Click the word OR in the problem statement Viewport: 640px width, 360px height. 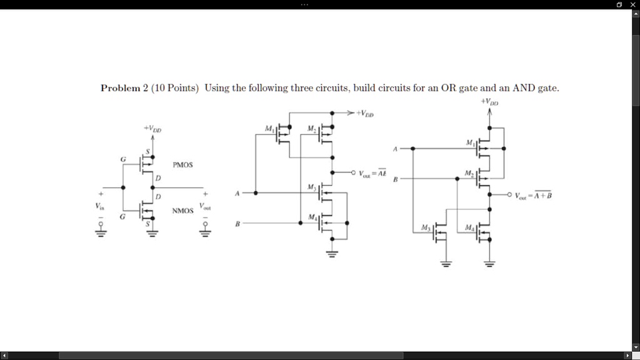tap(449, 88)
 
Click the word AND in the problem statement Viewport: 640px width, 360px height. tap(523, 88)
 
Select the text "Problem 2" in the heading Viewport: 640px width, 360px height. tap(123, 88)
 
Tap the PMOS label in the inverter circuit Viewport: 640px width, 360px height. tap(183, 165)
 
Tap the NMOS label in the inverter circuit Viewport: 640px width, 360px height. tap(183, 211)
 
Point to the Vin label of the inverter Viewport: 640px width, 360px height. tap(101, 206)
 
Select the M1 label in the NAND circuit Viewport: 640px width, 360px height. tap(269, 129)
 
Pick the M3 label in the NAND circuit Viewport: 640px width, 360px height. tap(311, 187)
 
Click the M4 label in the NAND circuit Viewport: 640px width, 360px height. tap(311, 217)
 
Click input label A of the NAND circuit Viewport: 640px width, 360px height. tap(237, 194)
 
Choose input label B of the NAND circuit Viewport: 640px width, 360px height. tap(237, 223)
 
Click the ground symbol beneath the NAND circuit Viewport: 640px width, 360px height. tap(332, 254)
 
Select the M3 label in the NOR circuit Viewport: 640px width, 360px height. tap(426, 228)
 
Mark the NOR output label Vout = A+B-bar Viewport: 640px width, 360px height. tap(533, 195)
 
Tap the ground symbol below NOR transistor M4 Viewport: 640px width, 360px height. tap(489, 263)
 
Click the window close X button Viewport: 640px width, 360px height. tap(632, 4)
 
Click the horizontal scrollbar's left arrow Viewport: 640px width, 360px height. tap(4, 356)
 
